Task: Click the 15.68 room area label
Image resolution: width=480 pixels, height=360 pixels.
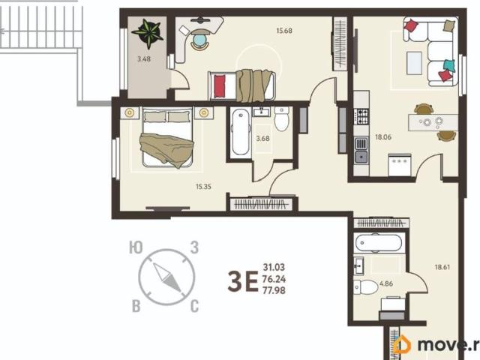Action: point(284,31)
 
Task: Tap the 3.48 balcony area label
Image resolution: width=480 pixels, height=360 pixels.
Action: point(143,58)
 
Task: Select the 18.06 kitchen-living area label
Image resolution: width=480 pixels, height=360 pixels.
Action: point(383,136)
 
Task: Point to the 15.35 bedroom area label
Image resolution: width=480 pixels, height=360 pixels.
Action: point(203,187)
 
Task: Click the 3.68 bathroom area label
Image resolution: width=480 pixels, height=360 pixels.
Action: point(262,138)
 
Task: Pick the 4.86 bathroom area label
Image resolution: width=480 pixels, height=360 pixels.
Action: point(386,283)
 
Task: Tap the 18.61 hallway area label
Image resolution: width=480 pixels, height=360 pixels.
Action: point(442,267)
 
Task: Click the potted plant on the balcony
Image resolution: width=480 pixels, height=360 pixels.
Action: point(148,33)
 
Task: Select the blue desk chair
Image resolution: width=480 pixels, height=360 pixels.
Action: point(200,40)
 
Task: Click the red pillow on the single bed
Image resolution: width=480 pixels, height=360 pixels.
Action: point(219,86)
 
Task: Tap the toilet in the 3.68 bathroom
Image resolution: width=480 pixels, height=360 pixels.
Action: point(282,118)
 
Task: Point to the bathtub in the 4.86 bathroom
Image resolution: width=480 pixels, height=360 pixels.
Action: point(378,243)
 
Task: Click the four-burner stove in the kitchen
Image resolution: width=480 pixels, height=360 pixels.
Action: point(361,117)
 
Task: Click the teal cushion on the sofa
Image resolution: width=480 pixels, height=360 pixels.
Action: point(449,65)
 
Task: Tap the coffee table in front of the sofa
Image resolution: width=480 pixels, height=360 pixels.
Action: point(414,63)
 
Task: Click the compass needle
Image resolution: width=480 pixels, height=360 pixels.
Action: point(167,277)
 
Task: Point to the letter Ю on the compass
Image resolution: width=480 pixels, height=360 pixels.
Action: point(136,247)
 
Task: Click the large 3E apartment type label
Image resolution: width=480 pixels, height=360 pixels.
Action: point(243,282)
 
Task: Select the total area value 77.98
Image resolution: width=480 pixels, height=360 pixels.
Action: point(274,290)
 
